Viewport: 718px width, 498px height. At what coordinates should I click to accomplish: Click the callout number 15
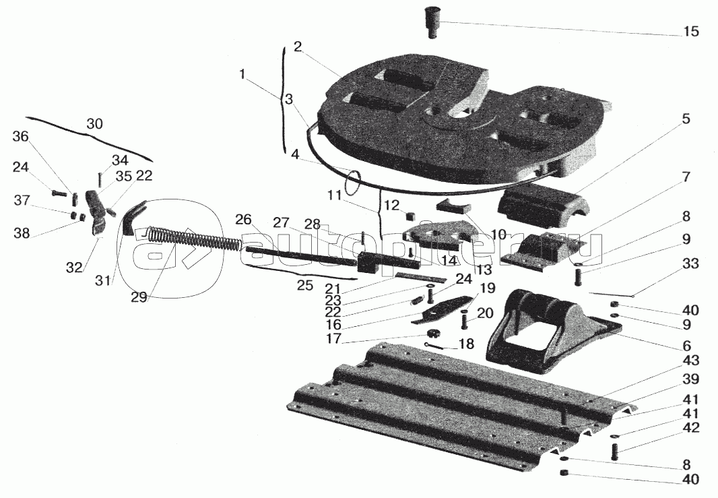click(x=690, y=32)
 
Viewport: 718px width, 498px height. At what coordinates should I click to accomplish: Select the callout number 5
click(x=685, y=119)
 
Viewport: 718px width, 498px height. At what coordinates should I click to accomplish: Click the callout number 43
click(x=690, y=361)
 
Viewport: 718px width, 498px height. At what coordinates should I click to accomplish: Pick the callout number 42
click(x=690, y=428)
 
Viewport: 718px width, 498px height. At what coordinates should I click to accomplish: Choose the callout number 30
click(x=94, y=125)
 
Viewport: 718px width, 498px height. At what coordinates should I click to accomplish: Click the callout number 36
click(x=21, y=137)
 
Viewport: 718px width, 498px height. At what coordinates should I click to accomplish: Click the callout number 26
click(x=243, y=219)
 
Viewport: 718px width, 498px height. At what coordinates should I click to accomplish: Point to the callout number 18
click(x=466, y=344)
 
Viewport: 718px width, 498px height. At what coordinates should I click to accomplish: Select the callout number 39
click(x=690, y=379)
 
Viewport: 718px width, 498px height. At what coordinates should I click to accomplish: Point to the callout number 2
click(x=297, y=47)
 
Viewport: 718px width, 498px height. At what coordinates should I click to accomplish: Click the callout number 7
click(x=686, y=179)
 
